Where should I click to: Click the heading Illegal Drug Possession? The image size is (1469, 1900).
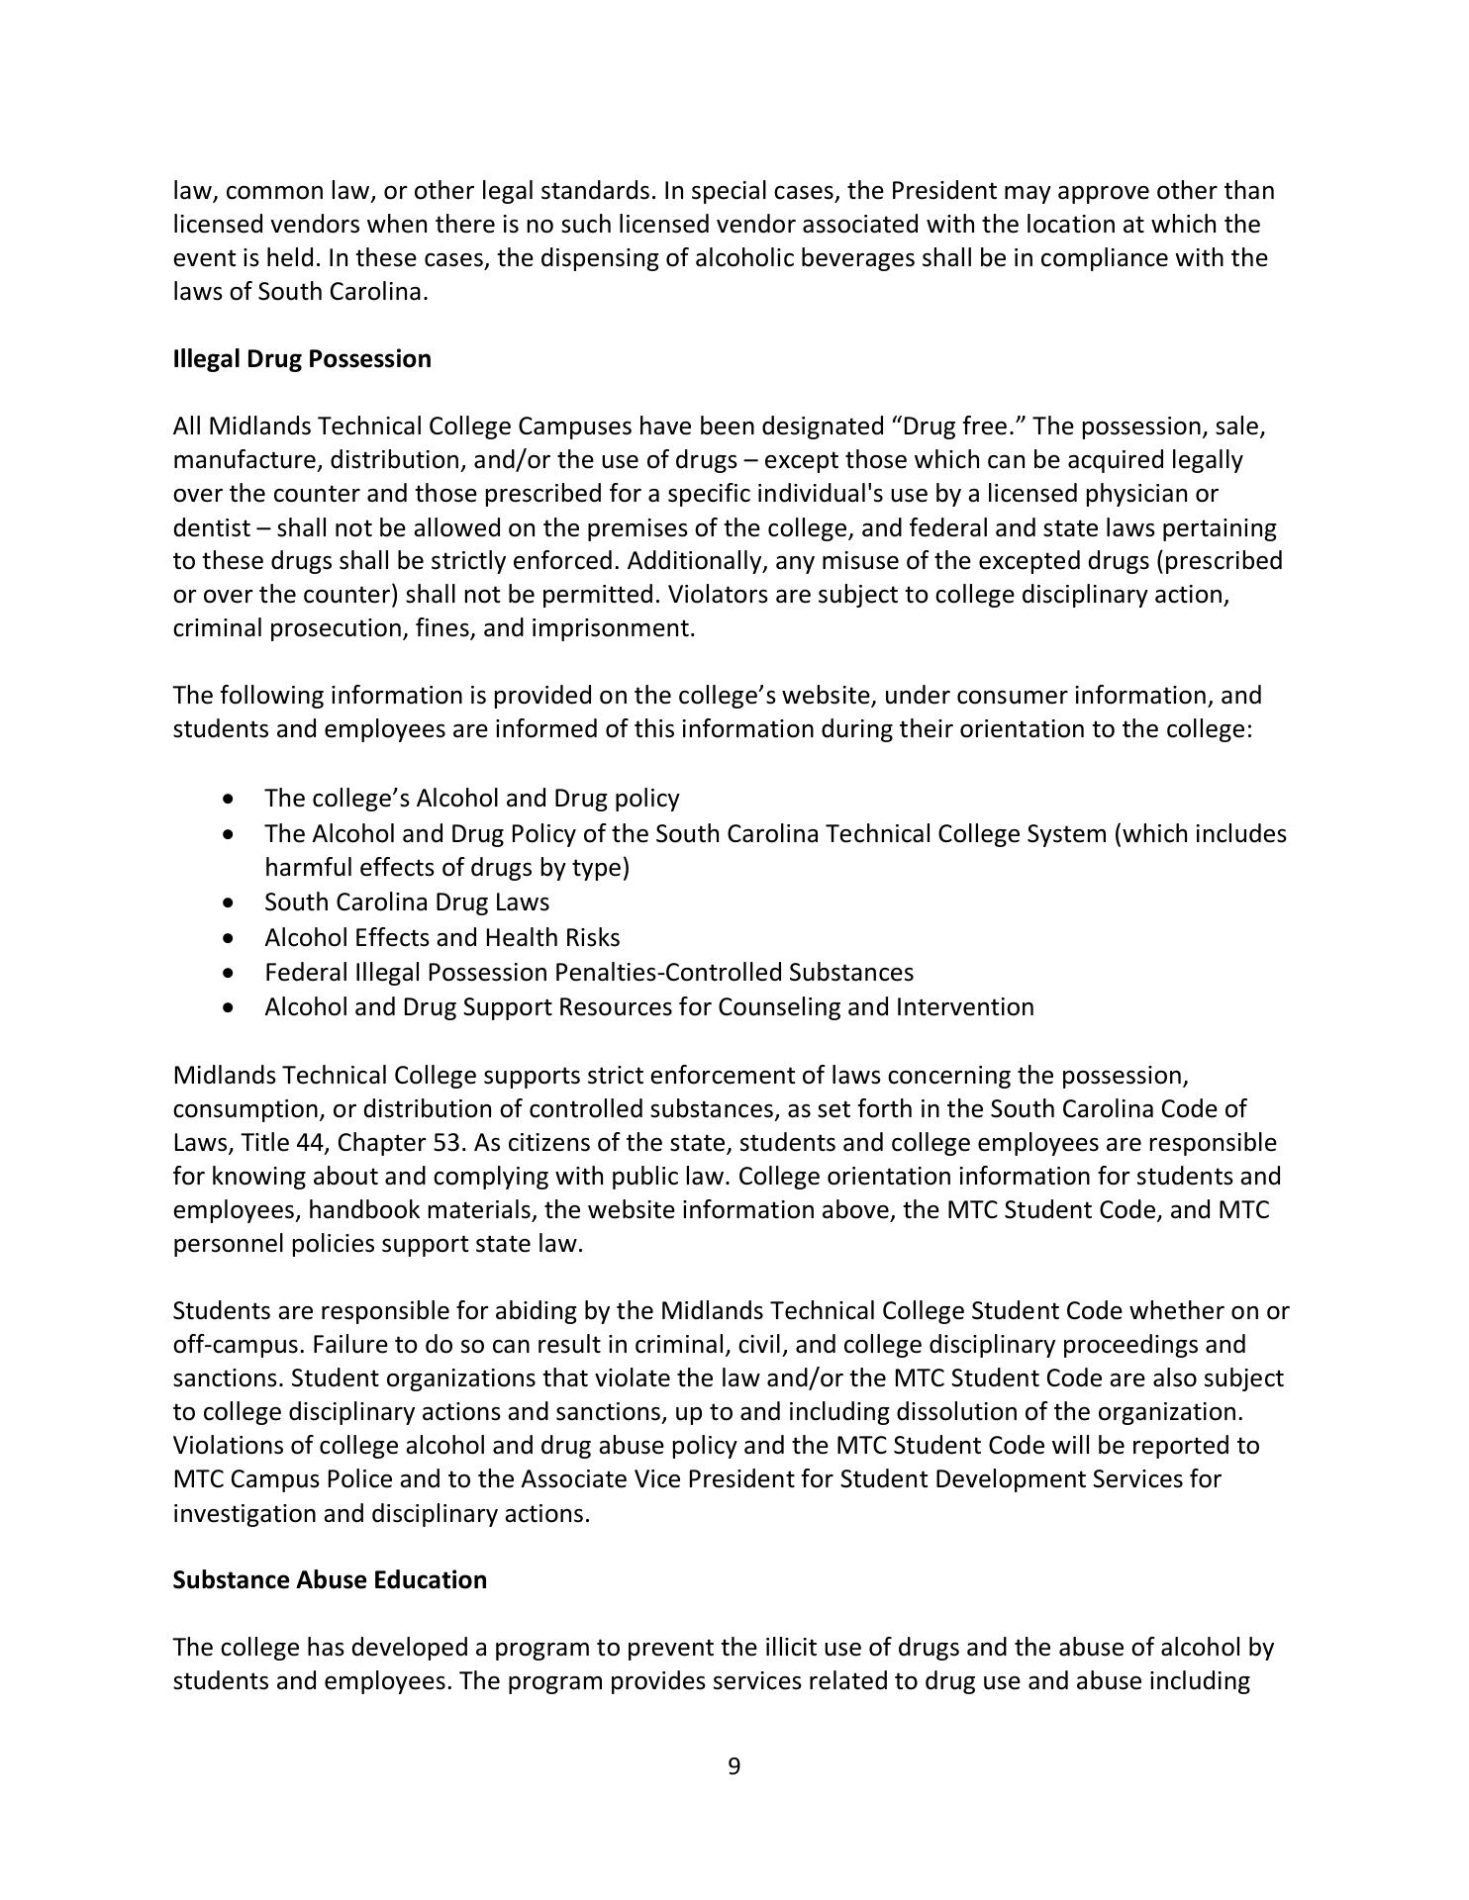pyautogui.click(x=302, y=359)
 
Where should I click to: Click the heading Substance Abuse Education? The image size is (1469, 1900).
pyautogui.click(x=330, y=1580)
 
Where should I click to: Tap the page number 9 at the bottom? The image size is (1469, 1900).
pyautogui.click(x=734, y=1766)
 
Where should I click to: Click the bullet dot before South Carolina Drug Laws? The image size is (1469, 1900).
pyautogui.click(x=230, y=902)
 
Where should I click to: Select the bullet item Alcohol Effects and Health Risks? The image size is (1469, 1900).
pyautogui.click(x=441, y=937)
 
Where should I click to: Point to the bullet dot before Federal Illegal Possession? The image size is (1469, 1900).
pyautogui.click(x=230, y=973)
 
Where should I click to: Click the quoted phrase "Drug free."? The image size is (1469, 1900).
pyautogui.click(x=957, y=427)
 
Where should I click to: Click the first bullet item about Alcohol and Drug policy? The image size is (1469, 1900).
pyautogui.click(x=471, y=799)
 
